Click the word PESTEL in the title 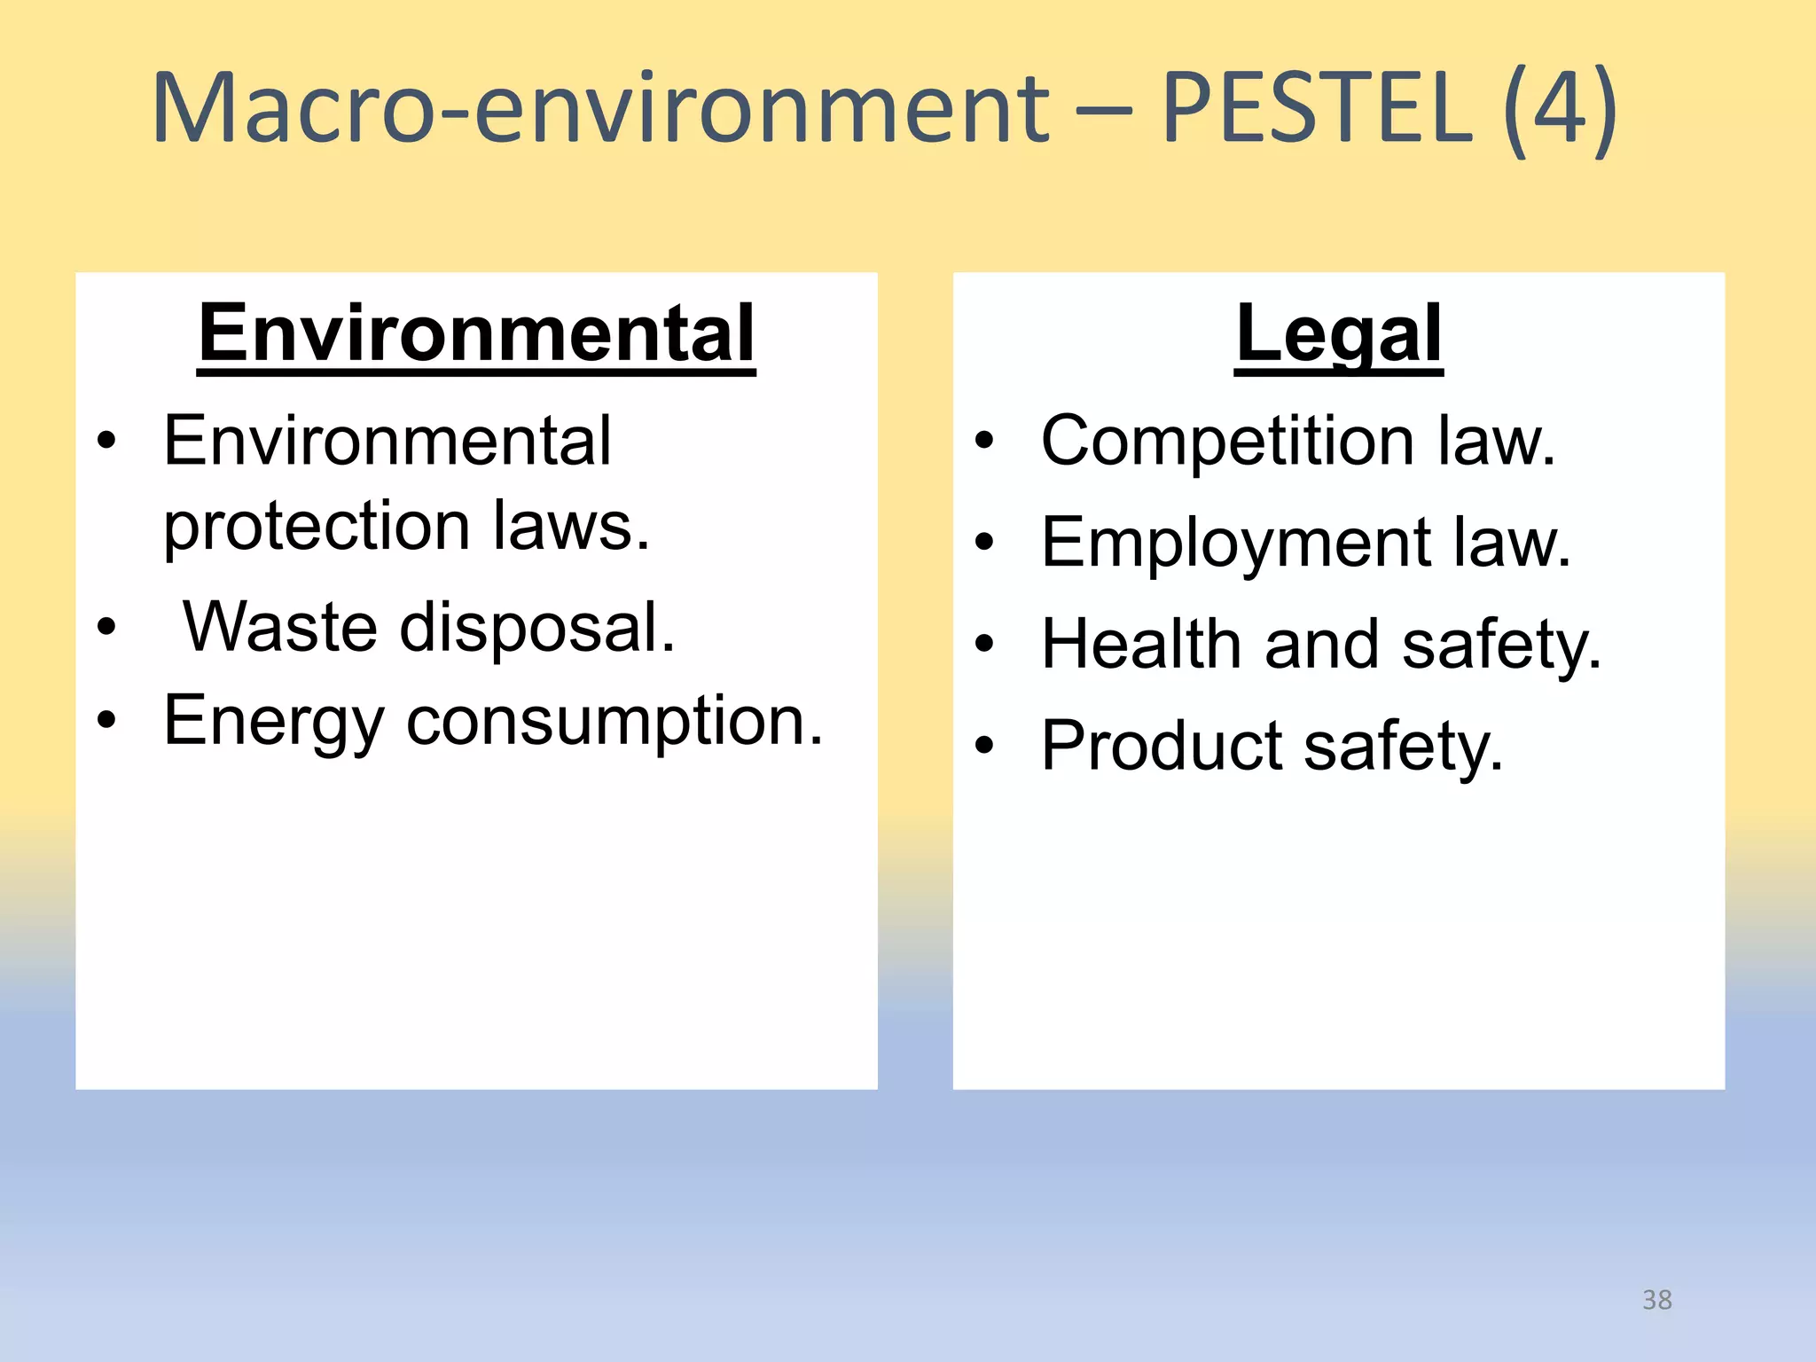(x=1316, y=108)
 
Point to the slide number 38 (x=1656, y=1300)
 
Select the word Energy (x=273, y=723)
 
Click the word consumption (x=614, y=721)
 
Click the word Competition (x=1227, y=441)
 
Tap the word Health (x=1140, y=645)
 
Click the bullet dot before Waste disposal (x=106, y=628)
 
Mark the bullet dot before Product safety (x=984, y=746)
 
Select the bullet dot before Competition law (x=984, y=441)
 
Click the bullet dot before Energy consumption (x=106, y=719)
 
